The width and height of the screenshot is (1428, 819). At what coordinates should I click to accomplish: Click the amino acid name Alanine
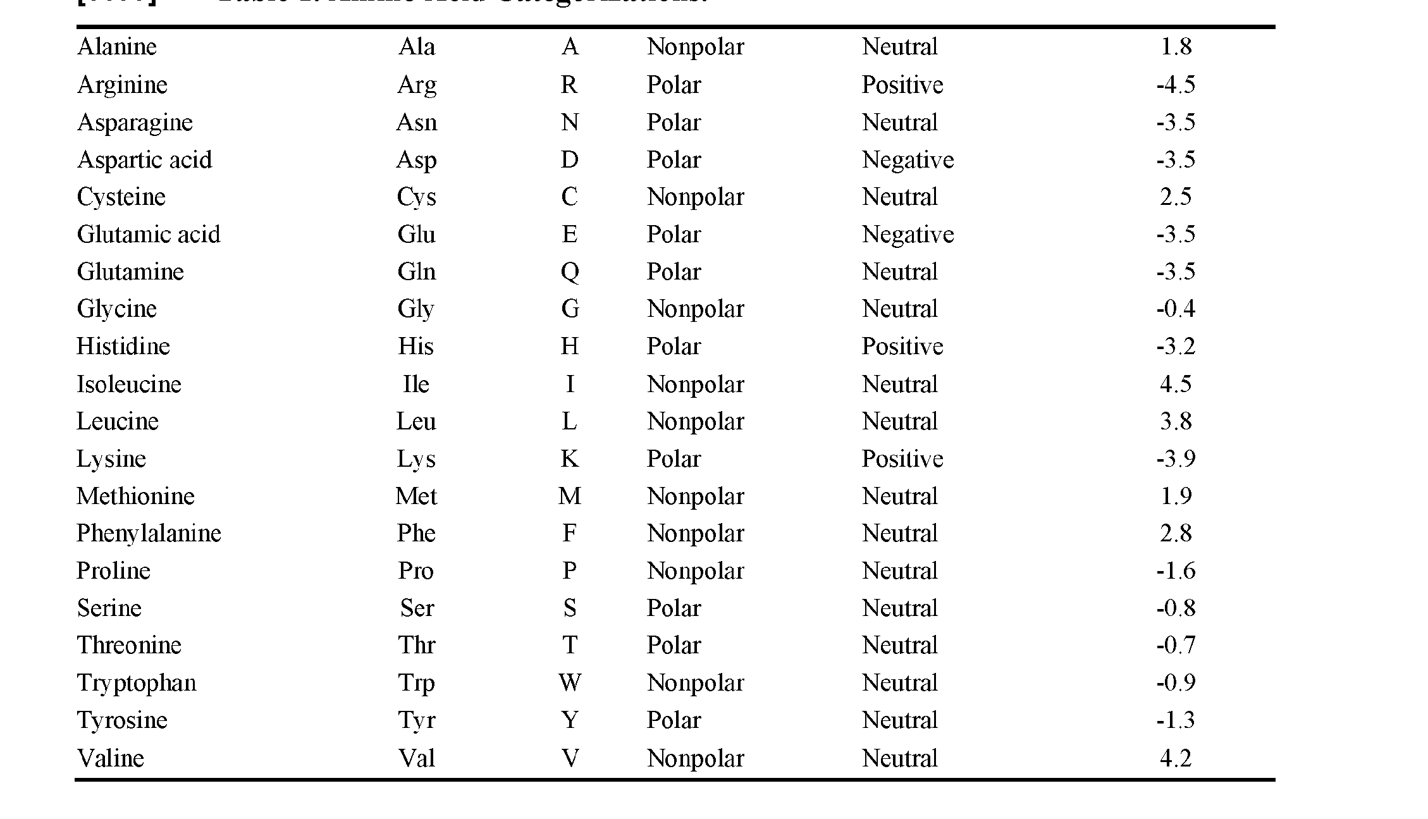pos(117,47)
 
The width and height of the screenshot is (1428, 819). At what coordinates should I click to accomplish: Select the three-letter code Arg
pos(417,85)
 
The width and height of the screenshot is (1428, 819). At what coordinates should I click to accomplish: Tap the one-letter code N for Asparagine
pos(569,122)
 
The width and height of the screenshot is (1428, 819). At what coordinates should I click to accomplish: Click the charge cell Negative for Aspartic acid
pos(908,160)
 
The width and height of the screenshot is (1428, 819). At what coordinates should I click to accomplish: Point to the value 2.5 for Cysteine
pos(1176,197)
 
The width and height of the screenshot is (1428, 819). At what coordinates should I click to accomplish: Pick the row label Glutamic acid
pos(149,235)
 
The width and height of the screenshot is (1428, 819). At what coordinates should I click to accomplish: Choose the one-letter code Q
pos(569,272)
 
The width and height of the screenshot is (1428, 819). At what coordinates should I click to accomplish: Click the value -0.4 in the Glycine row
pos(1176,309)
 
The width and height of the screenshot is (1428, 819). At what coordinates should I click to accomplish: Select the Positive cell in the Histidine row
pos(902,347)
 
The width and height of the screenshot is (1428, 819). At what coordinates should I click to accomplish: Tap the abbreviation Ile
pos(416,384)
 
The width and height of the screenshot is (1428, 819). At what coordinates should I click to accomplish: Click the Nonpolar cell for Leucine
pos(695,422)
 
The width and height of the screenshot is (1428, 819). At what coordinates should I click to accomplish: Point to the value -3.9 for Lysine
pos(1176,459)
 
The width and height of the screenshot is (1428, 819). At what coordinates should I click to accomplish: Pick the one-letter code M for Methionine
pos(569,496)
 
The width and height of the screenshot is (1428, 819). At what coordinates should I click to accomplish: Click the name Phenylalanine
pos(149,533)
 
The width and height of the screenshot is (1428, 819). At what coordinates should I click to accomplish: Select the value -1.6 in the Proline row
pos(1176,570)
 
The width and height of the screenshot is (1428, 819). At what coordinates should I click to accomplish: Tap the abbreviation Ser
pos(417,608)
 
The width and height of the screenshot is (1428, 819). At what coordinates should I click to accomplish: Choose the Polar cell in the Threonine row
pos(674,645)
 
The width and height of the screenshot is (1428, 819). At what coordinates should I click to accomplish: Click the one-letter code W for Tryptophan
pos(569,682)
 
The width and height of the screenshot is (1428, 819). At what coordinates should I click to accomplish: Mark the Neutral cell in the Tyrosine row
pos(899,720)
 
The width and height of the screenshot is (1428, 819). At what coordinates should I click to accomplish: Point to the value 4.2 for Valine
pos(1176,758)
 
